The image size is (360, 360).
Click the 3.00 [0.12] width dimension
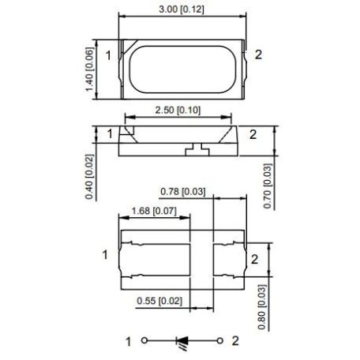[181, 8]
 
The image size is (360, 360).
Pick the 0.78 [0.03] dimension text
[183, 192]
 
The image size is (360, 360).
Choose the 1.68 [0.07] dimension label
[154, 212]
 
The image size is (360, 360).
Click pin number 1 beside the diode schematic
[128, 341]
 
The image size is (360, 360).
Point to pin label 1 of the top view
[108, 55]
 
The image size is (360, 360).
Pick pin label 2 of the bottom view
[254, 258]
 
